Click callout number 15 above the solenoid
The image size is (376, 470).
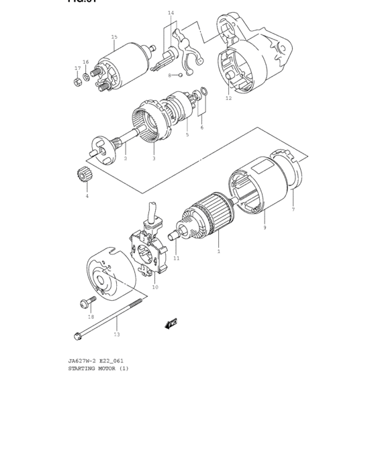coord(114,37)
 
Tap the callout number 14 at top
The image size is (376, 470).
coord(171,13)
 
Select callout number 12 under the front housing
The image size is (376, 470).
coord(228,99)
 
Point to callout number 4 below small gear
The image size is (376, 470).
coord(86,196)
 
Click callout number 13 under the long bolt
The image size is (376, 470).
coord(117,334)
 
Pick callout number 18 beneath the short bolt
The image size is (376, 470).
coord(91,316)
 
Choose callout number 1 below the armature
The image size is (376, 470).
coord(218,251)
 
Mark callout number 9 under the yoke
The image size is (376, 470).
coord(265,228)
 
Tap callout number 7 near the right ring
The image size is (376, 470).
coord(293,209)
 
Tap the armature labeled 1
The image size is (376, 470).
coord(208,218)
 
